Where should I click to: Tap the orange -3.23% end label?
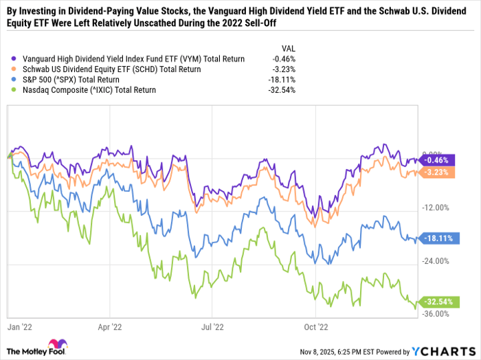click(436, 172)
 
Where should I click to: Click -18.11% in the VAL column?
click(282, 80)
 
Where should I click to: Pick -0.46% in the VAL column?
click(284, 59)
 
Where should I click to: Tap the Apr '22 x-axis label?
click(110, 328)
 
